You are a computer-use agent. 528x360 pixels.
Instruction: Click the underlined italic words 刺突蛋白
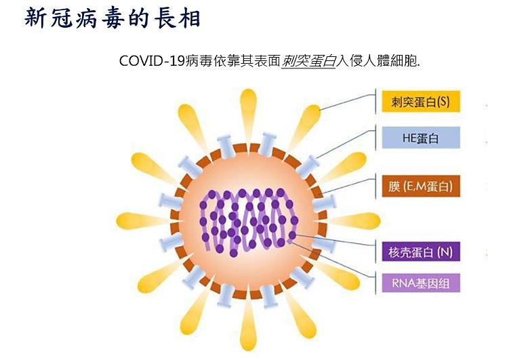(x=309, y=60)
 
